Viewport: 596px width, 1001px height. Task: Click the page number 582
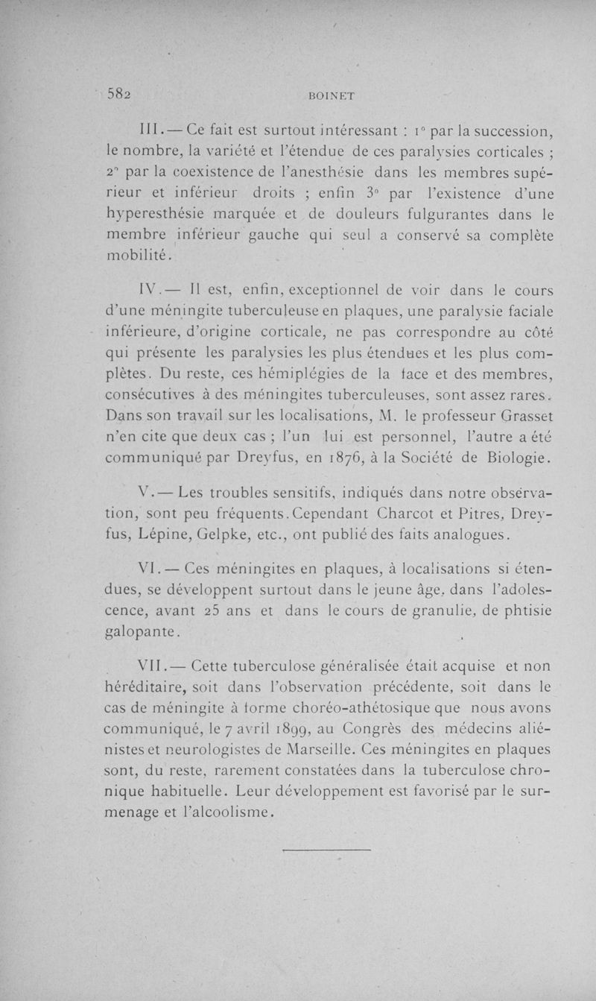pos(119,94)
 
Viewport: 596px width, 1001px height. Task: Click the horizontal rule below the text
pos(328,848)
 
